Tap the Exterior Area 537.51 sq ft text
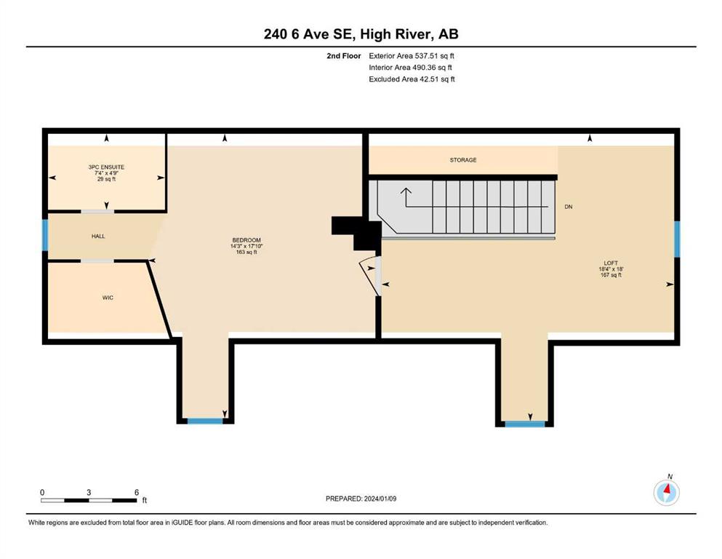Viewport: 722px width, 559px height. tap(412, 56)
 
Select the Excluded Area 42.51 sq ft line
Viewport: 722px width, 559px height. tap(412, 79)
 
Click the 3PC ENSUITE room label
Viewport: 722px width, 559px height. tap(106, 167)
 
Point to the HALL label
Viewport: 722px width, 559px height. tap(98, 236)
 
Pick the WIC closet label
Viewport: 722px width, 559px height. tap(108, 298)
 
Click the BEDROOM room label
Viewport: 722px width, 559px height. tap(246, 240)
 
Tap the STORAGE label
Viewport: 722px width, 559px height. tap(463, 160)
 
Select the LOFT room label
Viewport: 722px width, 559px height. tap(611, 263)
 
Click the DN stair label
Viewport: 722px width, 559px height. tap(569, 207)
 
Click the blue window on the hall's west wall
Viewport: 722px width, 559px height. tap(45, 235)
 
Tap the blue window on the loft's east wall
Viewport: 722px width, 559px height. tap(677, 239)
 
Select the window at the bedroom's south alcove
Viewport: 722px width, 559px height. tap(205, 421)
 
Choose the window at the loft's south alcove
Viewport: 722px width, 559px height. tap(525, 424)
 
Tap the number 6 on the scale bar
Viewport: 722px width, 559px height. tap(136, 492)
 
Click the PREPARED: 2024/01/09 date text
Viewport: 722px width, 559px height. tap(361, 499)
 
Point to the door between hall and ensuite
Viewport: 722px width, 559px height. tap(97, 212)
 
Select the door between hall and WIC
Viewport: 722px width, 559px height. tap(97, 261)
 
